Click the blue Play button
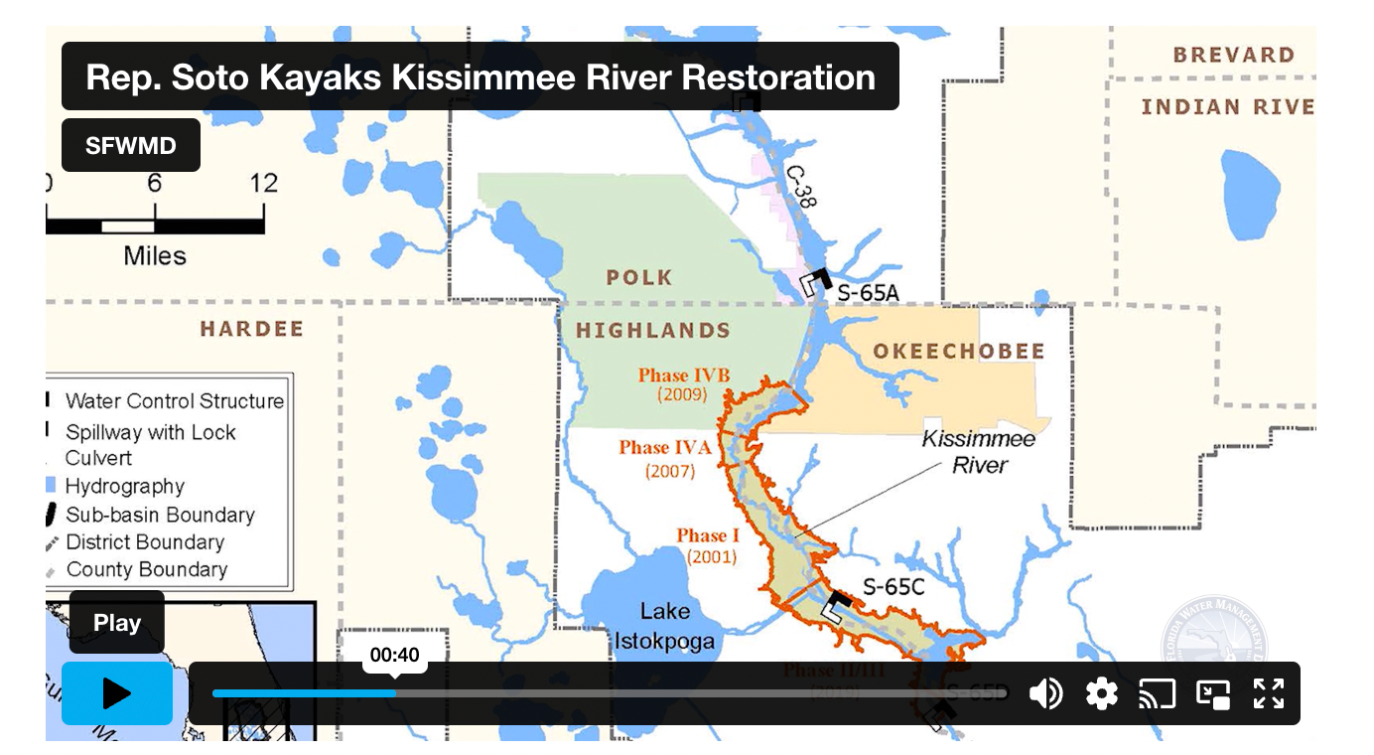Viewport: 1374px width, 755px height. coord(117,693)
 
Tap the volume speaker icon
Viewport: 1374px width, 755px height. coord(1045,693)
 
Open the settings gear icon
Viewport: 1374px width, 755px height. coord(1102,693)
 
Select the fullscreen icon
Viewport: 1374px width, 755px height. coord(1269,693)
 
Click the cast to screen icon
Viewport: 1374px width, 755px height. coord(1157,693)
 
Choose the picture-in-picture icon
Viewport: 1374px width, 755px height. coord(1213,693)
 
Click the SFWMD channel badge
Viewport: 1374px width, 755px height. coord(131,146)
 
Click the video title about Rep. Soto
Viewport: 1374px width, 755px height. coord(481,76)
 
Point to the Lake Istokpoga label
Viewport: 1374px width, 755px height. coord(664,626)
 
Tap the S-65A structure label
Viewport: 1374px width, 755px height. coord(868,293)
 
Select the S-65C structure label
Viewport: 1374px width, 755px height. coord(893,587)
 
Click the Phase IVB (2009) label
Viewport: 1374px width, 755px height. coord(683,384)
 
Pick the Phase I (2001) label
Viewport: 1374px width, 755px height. coord(708,545)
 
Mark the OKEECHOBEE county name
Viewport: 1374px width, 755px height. coord(958,352)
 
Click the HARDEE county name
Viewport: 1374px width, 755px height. coord(251,329)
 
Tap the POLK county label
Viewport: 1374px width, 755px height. coord(638,278)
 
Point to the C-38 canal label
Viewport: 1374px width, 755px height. coord(800,186)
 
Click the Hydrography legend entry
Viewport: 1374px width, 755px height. coord(125,487)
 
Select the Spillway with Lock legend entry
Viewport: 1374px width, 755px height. coord(151,433)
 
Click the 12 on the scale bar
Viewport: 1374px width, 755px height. coord(263,184)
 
